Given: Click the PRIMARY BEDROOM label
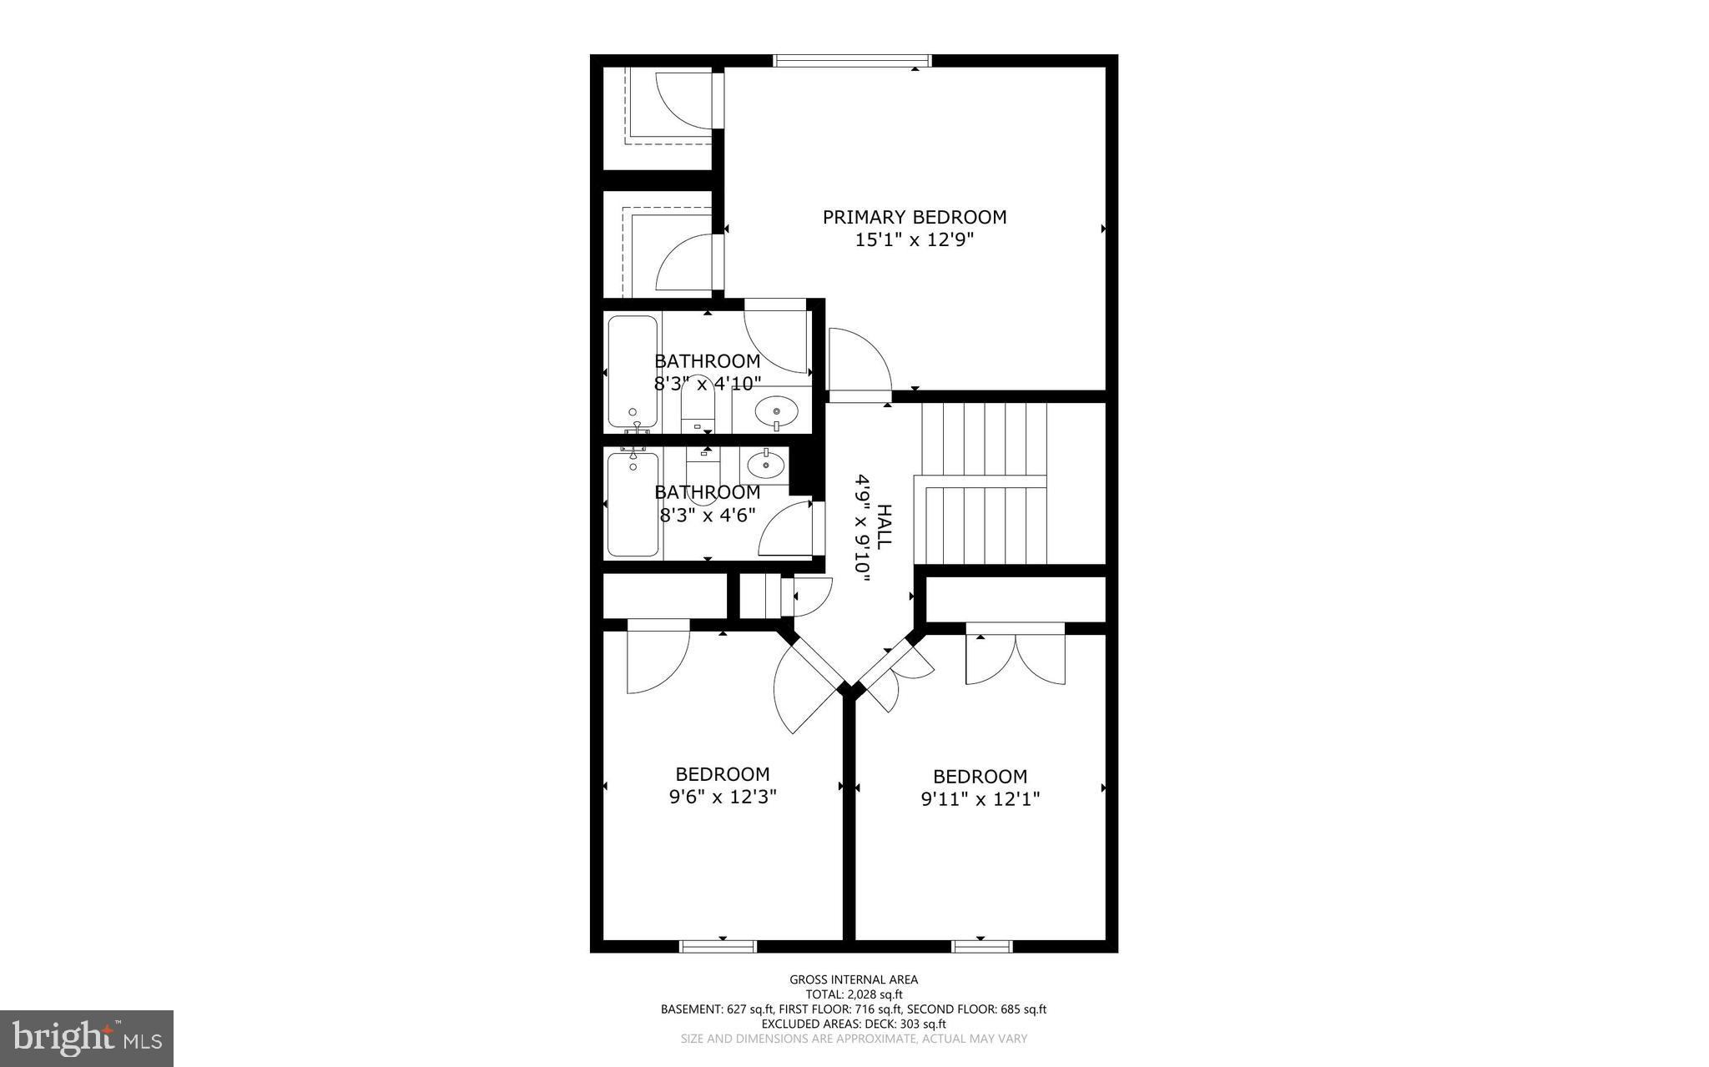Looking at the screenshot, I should click(915, 217).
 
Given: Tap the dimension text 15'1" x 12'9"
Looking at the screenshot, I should click(915, 240).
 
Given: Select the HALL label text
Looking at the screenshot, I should click(884, 526).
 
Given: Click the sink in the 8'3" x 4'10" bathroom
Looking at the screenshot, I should click(776, 411).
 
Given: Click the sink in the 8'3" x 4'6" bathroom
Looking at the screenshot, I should click(765, 464).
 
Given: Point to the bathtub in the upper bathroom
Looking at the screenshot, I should click(633, 370).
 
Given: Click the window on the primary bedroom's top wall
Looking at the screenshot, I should click(851, 60).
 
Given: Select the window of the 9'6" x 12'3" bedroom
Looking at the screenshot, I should click(718, 946).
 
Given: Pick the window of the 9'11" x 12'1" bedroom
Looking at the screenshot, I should click(981, 946).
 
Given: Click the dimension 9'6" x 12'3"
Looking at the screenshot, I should click(723, 797).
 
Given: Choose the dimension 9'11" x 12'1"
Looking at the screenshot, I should click(980, 799).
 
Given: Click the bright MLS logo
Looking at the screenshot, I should click(87, 1038).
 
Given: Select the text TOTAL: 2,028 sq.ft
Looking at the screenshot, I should click(854, 994).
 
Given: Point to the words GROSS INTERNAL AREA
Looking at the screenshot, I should click(854, 979).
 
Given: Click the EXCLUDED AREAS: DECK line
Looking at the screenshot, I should click(854, 1024).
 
